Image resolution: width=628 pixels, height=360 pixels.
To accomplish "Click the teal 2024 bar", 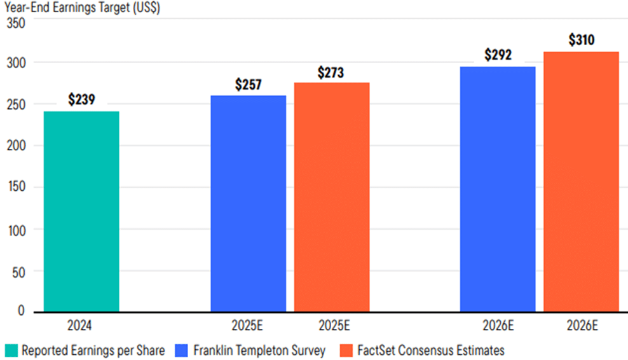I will coord(81,211).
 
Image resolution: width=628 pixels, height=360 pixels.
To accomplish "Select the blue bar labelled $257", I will coord(248,204).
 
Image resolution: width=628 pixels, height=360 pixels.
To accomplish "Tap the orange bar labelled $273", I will coord(331,197).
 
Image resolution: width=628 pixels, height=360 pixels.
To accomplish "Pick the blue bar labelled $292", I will coord(498,189).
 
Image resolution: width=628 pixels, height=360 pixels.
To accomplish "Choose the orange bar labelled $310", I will coord(581,181).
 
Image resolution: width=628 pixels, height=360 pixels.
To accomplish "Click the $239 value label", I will coord(81,100).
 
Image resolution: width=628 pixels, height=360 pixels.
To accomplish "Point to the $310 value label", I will coord(581,40).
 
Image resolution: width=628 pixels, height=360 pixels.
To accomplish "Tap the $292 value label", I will coord(498,55).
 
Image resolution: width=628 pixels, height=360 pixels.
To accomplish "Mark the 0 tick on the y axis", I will coord(20,312).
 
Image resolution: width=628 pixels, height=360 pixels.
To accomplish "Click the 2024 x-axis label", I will coord(81,326).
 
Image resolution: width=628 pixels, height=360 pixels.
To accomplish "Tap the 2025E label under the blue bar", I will coord(249,326).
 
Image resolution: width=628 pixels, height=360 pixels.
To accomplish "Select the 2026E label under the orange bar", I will coord(580,326).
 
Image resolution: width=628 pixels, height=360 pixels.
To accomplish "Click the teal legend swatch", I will coord(10,350).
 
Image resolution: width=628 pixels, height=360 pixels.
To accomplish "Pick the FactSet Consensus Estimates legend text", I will coord(430,350).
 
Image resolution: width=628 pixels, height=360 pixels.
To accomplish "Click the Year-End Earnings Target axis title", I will coord(82,8).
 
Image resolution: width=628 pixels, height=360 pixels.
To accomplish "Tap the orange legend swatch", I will coord(346,350).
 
